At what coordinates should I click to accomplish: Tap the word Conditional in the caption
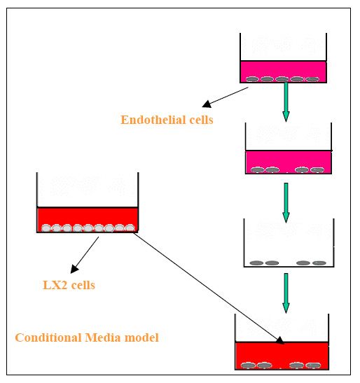click(x=48, y=337)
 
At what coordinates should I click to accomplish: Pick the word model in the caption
click(x=141, y=337)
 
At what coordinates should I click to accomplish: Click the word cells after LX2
click(x=83, y=285)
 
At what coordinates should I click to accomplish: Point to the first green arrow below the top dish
click(x=286, y=102)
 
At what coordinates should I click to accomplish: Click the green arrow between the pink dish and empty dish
click(x=286, y=203)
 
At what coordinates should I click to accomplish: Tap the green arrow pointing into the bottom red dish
click(x=286, y=293)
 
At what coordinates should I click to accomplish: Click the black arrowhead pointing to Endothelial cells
click(x=207, y=104)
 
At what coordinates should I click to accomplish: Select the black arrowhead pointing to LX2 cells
click(x=74, y=269)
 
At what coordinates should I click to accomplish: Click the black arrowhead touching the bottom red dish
click(x=280, y=340)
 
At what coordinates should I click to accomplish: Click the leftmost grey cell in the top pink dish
click(x=252, y=79)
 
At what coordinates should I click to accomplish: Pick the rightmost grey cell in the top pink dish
click(x=312, y=79)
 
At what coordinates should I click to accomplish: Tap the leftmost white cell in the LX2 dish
click(x=46, y=228)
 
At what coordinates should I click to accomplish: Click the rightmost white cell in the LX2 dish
click(x=130, y=228)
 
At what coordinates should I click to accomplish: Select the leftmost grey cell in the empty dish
click(x=256, y=263)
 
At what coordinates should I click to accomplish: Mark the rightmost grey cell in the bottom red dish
click(x=313, y=365)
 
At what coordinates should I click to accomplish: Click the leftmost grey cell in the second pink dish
click(x=258, y=169)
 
